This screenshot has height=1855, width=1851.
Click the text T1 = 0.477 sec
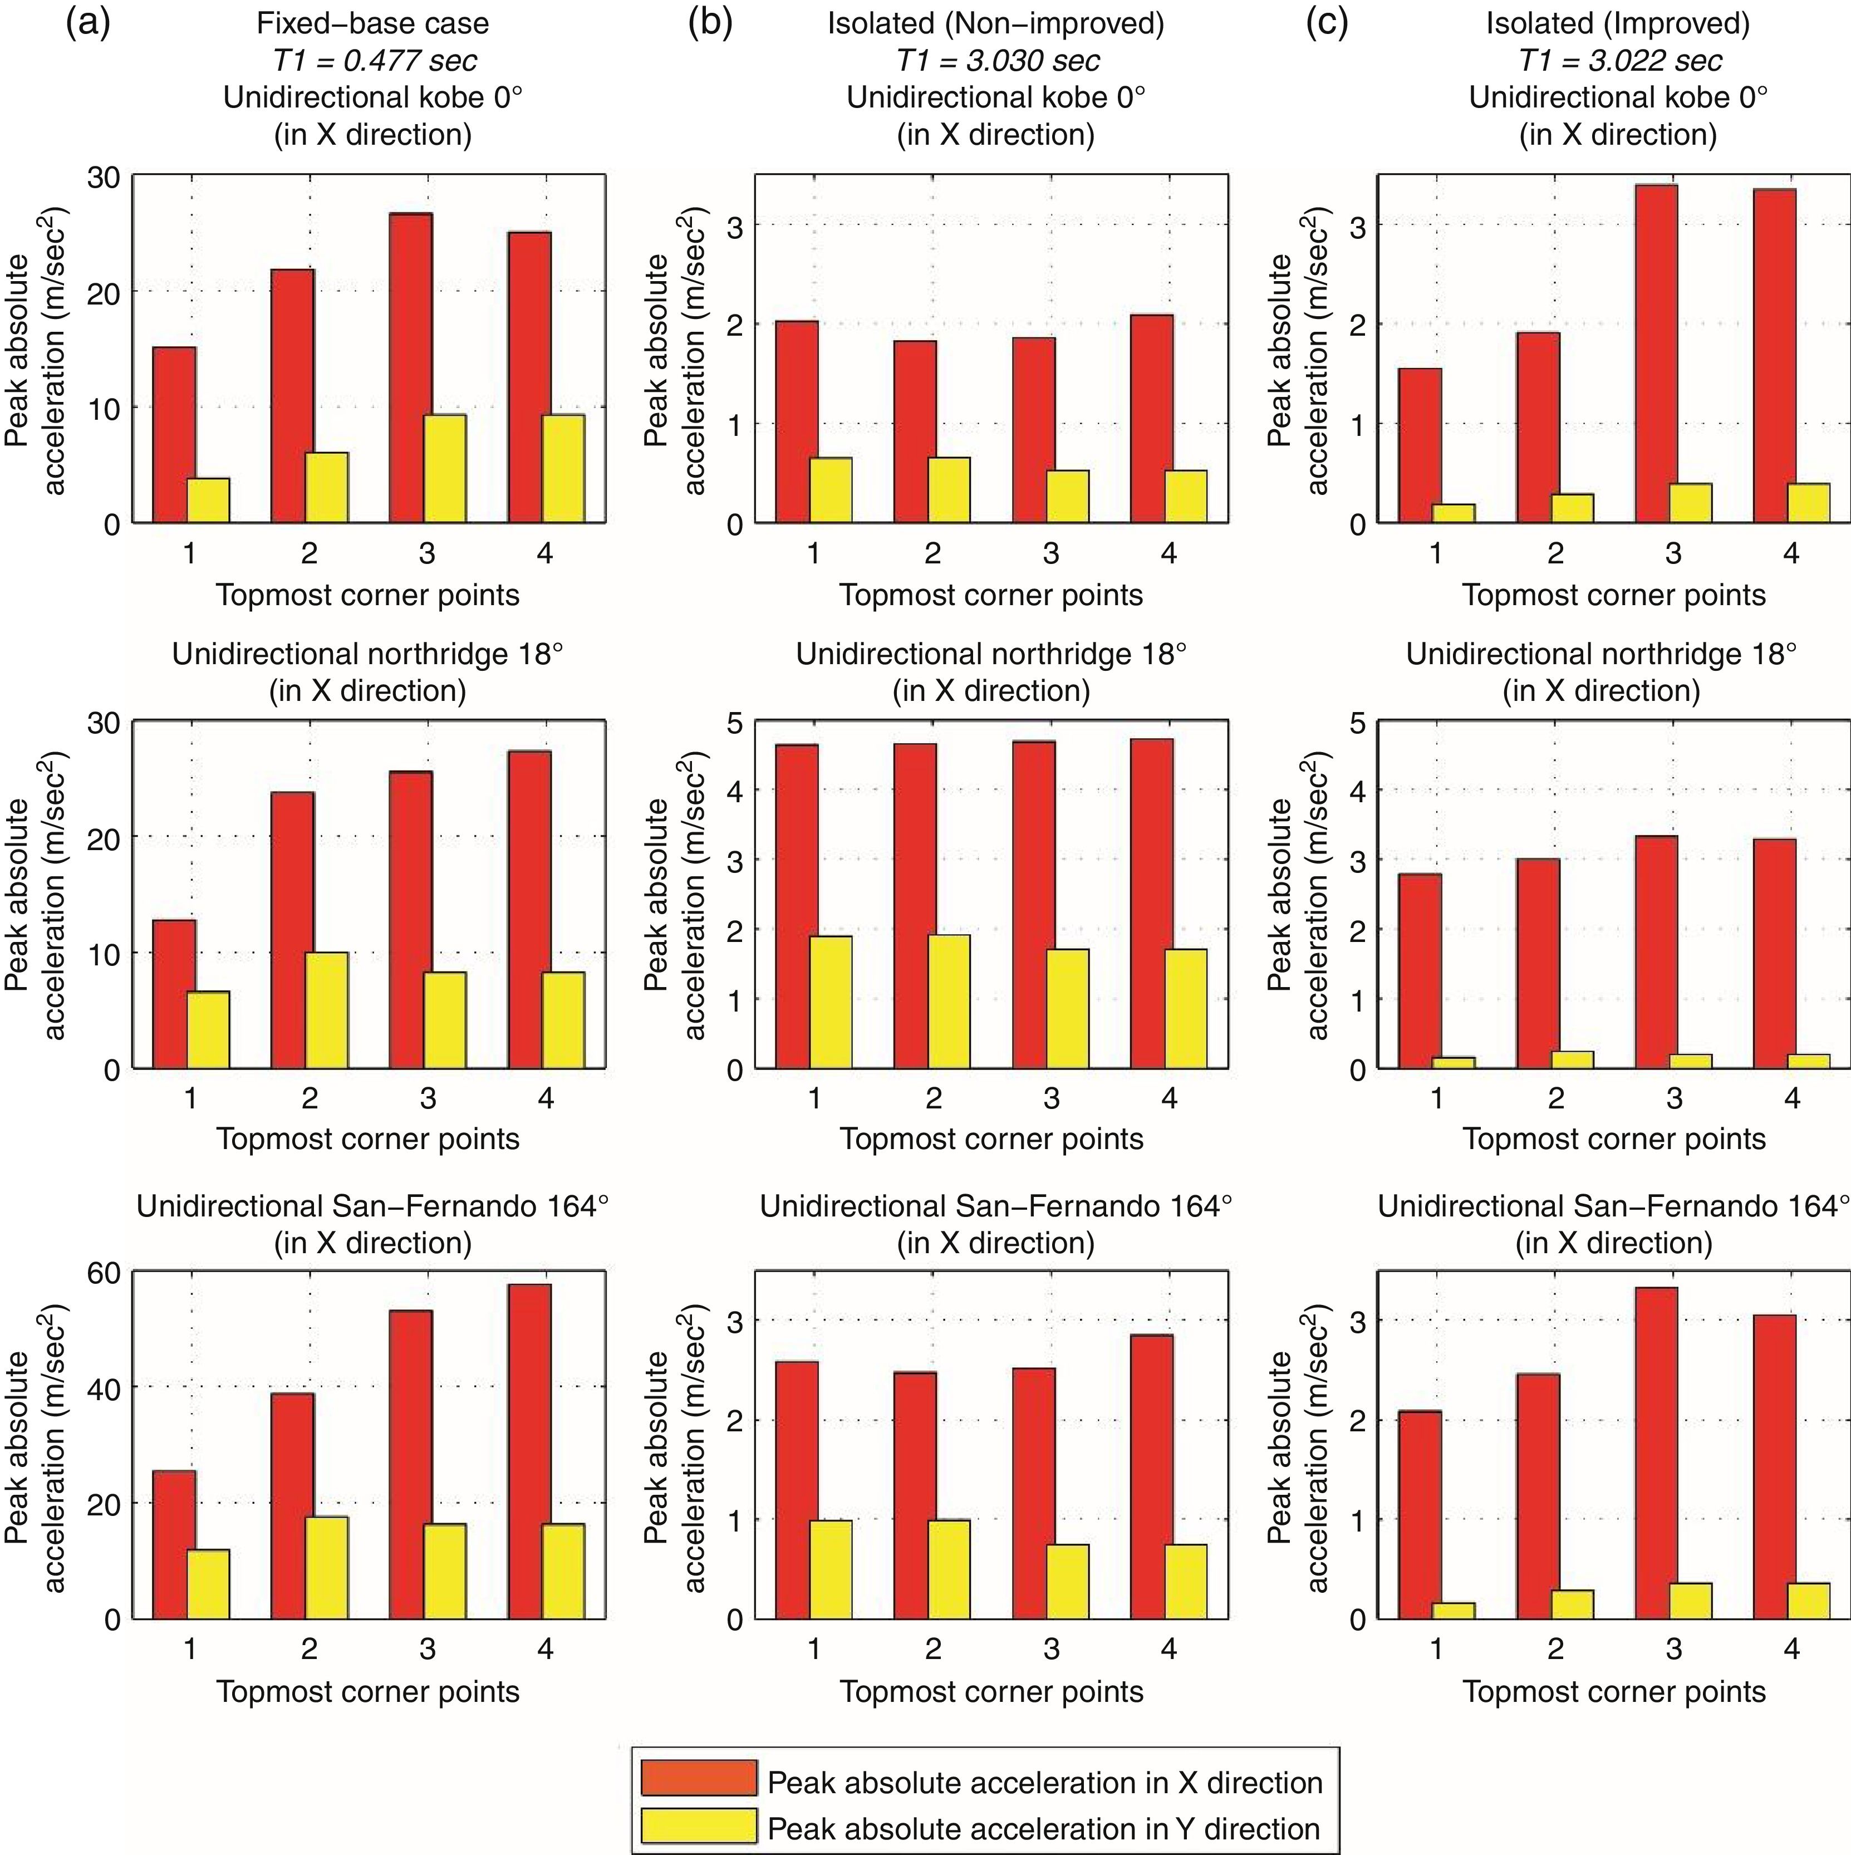375,61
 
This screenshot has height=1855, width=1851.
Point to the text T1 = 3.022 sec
1619,61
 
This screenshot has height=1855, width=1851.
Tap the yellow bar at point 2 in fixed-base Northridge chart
326,1010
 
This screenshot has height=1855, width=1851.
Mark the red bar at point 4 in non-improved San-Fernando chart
1151,1476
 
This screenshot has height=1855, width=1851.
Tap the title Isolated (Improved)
1619,23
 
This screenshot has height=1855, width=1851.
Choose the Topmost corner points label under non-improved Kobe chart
991,595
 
